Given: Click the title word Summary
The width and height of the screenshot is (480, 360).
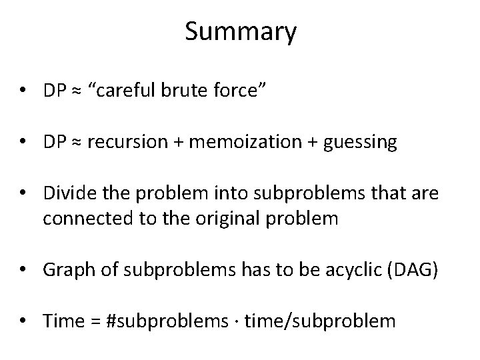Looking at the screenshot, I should tap(241, 32).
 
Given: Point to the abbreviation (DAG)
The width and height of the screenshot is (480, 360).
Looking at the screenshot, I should tap(415, 270).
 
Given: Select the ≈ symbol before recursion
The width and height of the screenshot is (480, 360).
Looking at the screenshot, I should tap(76, 143).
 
